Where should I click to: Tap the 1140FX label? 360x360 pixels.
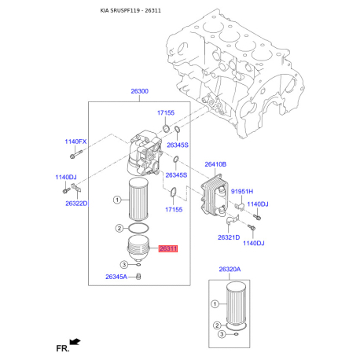coord(76,142)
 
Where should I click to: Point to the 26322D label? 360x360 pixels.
coord(77,204)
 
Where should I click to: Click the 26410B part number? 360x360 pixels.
coord(215,164)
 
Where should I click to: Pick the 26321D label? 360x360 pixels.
coord(229,237)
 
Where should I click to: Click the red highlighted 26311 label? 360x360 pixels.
coord(168,249)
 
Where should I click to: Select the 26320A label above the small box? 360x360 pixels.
coord(231,270)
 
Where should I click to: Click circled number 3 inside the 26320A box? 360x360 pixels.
coord(213,335)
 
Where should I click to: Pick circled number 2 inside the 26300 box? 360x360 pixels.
coord(119,228)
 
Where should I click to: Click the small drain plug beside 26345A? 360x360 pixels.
coord(138,277)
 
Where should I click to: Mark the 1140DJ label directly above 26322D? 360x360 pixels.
coord(65,178)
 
